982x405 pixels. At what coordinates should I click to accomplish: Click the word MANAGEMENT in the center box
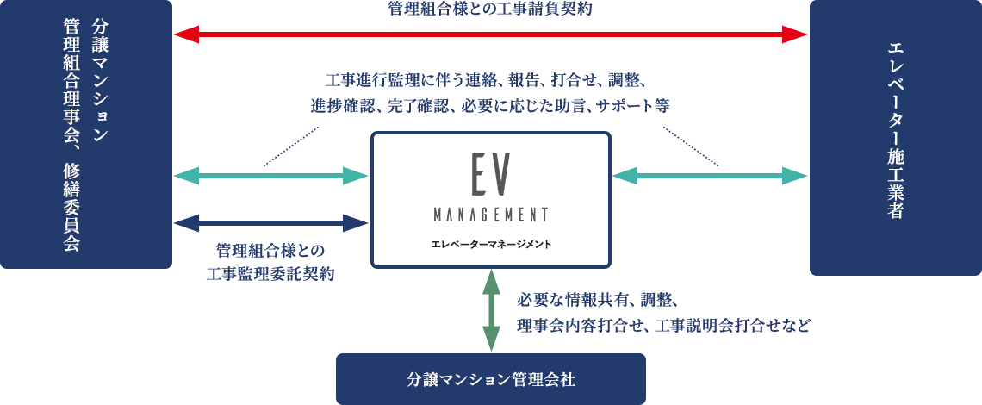tap(490, 214)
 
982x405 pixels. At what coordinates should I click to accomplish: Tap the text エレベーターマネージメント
tap(490, 244)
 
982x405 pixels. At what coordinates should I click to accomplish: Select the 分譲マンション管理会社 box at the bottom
tap(490, 378)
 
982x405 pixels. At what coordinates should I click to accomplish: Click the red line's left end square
tap(187, 34)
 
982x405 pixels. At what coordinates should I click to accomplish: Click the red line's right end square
tap(793, 34)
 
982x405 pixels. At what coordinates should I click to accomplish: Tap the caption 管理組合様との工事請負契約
tap(490, 9)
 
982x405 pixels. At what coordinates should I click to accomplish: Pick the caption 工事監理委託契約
tap(270, 274)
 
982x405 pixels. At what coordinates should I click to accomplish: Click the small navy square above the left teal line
tap(291, 146)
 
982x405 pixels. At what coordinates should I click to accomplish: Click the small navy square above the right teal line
tap(691, 146)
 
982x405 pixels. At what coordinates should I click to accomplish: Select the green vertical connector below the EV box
tap(490, 310)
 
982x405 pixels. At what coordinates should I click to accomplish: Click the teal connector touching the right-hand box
tap(793, 176)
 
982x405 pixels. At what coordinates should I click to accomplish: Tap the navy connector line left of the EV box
tap(270, 223)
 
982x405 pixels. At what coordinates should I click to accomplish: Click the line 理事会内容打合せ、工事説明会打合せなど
tap(663, 326)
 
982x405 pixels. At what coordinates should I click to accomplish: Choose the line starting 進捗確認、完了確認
tap(490, 106)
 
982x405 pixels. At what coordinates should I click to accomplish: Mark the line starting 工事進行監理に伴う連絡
tap(490, 82)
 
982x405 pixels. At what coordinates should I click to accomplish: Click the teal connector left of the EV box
tap(270, 176)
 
